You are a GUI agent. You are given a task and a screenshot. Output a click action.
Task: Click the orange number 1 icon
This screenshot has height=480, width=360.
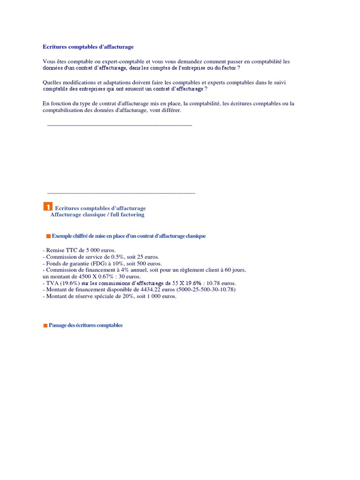(47, 207)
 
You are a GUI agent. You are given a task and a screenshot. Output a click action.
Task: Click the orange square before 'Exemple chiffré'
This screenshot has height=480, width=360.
(48, 236)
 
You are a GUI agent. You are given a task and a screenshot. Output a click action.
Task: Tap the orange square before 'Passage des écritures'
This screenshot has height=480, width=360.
(45, 325)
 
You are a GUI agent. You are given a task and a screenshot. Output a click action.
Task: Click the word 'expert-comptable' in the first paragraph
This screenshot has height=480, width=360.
(129, 61)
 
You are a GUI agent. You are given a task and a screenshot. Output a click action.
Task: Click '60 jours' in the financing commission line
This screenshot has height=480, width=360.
(235, 270)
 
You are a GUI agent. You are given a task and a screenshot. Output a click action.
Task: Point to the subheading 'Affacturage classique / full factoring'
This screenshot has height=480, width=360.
(97, 215)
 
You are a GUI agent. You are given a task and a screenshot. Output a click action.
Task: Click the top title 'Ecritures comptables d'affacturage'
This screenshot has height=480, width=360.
(88, 47)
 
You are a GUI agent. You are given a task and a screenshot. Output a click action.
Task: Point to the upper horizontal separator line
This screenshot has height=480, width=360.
(120, 125)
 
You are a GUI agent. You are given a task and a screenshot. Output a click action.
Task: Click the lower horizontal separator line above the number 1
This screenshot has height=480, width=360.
(121, 193)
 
